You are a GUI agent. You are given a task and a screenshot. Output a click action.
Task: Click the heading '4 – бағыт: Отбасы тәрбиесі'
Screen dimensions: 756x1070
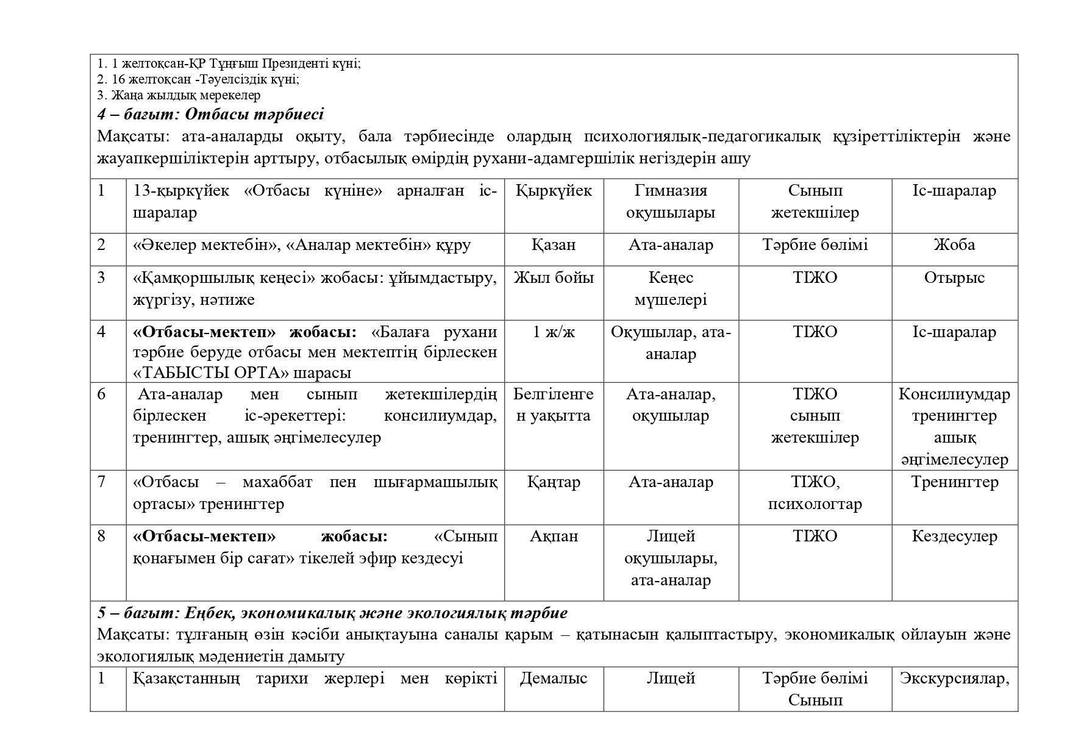[210, 114]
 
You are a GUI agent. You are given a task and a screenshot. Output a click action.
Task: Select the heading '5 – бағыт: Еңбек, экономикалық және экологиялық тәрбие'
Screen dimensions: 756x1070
[332, 613]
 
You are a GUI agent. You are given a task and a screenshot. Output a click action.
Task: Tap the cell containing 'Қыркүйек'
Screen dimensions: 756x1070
[554, 191]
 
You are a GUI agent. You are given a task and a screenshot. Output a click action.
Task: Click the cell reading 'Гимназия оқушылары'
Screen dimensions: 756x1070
[671, 202]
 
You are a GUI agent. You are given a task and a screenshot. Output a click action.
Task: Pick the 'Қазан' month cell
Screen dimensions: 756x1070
[554, 245]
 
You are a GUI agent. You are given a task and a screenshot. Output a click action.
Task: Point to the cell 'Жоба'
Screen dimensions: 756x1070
[954, 245]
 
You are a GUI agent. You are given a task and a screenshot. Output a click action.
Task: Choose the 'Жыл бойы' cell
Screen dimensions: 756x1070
[554, 278]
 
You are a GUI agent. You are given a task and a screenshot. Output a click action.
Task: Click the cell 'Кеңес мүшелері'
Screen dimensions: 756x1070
[671, 288]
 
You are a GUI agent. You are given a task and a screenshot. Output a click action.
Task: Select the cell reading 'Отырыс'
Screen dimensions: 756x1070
[954, 278]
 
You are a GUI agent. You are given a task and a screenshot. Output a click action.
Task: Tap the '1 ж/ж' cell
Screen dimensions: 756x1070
[554, 332]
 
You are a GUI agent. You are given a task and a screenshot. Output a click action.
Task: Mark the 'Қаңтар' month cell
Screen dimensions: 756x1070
[554, 482]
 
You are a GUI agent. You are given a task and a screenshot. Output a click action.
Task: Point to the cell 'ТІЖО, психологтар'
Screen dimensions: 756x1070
[815, 493]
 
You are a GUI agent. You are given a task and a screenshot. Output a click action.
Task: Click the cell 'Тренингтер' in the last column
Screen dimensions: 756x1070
[954, 482]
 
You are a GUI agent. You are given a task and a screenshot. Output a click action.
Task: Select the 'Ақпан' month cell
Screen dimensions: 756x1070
[554, 537]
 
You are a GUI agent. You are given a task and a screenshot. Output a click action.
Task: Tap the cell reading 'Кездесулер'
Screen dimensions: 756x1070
[954, 537]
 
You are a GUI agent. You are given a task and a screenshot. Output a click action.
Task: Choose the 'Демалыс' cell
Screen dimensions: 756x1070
[554, 679]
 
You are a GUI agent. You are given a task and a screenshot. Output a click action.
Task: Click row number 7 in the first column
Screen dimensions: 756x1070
[101, 482]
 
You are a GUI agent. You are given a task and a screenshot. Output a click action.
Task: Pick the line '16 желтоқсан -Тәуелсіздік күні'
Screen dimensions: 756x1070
[198, 79]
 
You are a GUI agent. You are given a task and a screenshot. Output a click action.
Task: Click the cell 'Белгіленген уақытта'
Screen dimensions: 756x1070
[554, 405]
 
